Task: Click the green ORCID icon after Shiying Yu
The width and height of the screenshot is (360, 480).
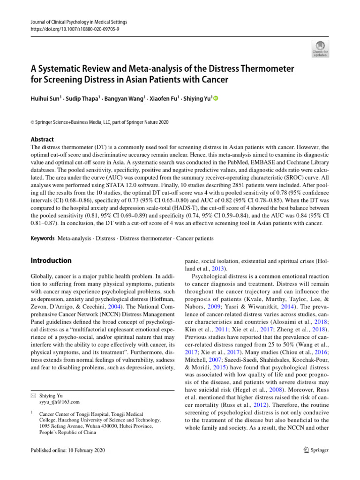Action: [216, 99]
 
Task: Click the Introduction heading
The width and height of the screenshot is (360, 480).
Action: [51, 261]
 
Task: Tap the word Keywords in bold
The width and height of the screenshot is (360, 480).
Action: [42, 239]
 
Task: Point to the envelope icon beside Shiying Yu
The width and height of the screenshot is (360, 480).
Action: [33, 395]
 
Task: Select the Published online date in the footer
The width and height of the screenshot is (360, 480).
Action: [67, 450]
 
